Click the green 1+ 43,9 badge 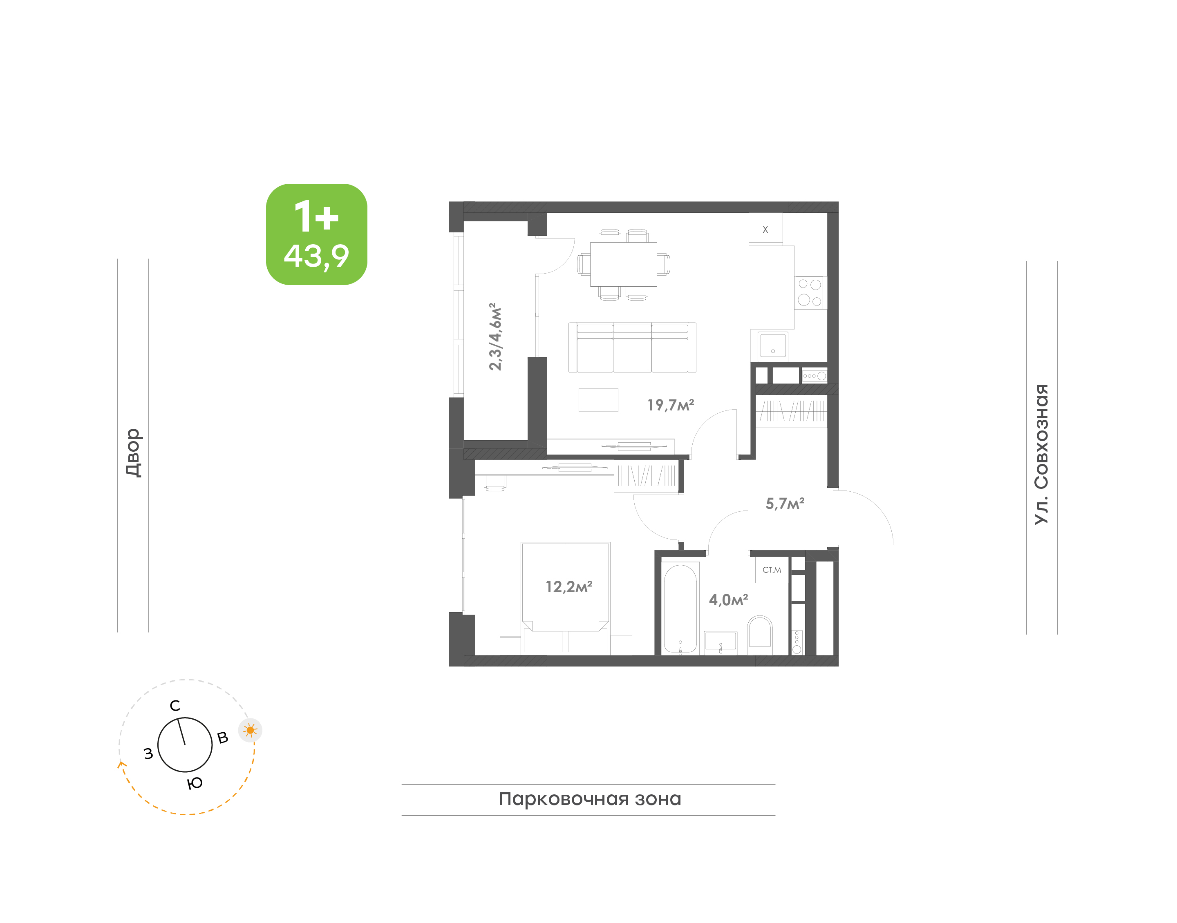(316, 234)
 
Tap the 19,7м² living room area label (670, 405)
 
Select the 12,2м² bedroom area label (569, 587)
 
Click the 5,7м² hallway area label (785, 504)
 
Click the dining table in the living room (623, 264)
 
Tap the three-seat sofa (632, 348)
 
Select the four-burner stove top (810, 292)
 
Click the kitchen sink (772, 345)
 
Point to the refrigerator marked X (765, 229)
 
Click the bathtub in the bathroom (680, 609)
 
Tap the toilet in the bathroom (760, 632)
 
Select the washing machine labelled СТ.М (772, 570)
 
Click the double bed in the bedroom (566, 597)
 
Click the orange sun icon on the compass (250, 730)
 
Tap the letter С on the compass (175, 706)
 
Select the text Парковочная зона (590, 799)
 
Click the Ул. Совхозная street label (1041, 454)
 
